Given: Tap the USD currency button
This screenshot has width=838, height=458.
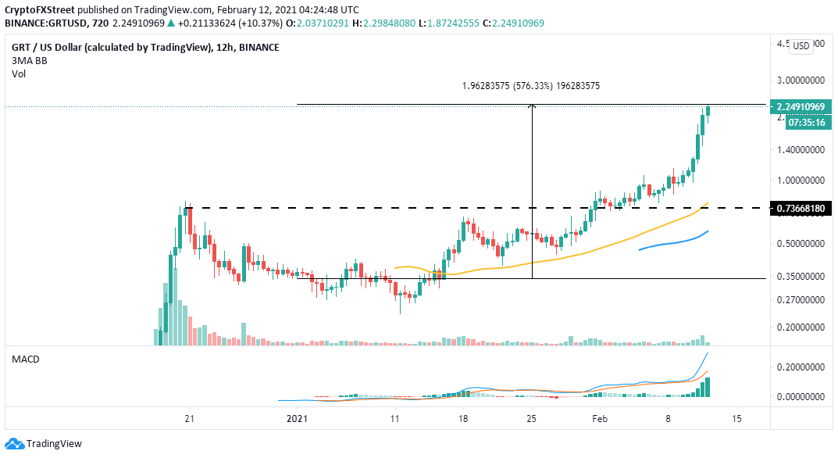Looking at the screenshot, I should click(x=801, y=46).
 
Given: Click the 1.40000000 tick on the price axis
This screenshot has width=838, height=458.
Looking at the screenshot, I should click(x=802, y=148).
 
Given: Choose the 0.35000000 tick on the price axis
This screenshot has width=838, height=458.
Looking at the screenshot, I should click(x=802, y=277).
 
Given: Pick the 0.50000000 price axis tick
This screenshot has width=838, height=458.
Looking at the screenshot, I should click(x=802, y=244).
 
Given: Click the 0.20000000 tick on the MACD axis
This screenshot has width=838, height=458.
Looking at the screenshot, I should click(x=802, y=367).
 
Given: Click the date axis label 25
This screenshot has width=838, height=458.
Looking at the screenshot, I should click(x=532, y=418).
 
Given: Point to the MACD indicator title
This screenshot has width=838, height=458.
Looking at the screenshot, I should click(x=26, y=359).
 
